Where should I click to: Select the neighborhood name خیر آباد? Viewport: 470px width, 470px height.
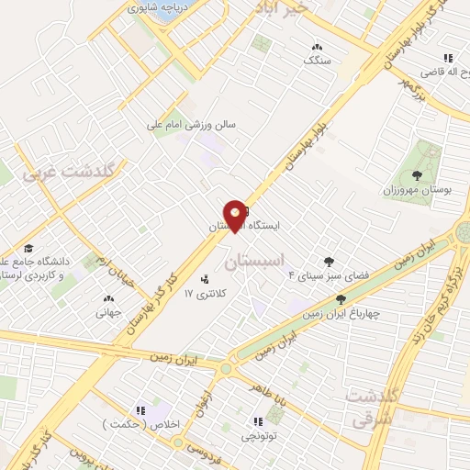pos(293,7)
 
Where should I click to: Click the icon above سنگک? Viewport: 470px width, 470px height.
pos(317,47)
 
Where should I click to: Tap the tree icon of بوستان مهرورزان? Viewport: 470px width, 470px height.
pos(418,173)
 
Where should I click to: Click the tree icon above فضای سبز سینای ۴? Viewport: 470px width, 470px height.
pos(328,262)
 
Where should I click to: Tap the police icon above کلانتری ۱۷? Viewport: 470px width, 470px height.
pos(203,279)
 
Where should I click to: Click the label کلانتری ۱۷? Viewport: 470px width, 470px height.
pos(204,294)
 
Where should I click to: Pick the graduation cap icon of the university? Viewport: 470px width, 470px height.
pos(28,248)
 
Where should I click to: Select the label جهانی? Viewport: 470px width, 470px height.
pos(109,311)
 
